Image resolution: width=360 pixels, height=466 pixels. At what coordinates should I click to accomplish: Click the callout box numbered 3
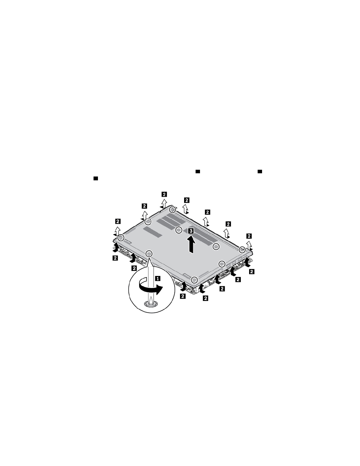click(x=191, y=231)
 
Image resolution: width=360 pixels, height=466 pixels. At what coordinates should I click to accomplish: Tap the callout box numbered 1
click(x=158, y=279)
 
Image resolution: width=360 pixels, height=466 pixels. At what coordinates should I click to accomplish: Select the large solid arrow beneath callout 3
click(x=191, y=244)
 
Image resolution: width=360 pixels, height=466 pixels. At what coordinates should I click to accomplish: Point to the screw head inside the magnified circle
click(x=151, y=303)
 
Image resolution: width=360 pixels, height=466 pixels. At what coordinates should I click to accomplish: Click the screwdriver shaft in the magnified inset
click(x=151, y=282)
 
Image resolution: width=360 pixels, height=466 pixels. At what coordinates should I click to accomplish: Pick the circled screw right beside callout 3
click(x=179, y=230)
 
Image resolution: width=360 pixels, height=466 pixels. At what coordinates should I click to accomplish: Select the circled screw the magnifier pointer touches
click(x=149, y=254)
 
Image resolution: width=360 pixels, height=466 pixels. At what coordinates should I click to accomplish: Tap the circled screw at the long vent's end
click(x=216, y=247)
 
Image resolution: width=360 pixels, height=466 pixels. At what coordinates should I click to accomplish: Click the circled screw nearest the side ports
click(x=222, y=263)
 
